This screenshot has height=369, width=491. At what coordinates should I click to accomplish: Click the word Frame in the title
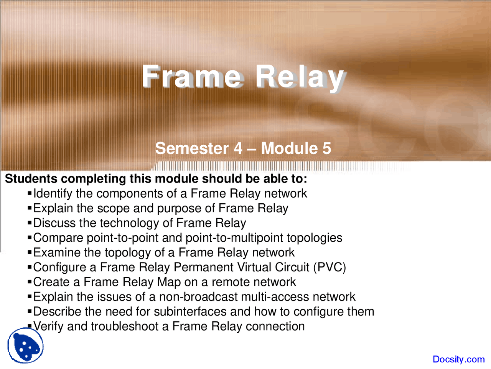click(192, 77)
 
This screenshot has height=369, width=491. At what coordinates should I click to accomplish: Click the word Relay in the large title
click(299, 77)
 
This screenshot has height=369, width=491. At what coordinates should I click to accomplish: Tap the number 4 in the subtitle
click(238, 148)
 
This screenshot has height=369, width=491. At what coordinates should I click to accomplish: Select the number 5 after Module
click(326, 148)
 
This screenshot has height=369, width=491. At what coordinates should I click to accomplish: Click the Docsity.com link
click(458, 359)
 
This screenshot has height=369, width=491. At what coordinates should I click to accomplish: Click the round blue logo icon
click(25, 346)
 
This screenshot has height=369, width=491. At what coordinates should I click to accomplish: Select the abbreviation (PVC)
click(330, 267)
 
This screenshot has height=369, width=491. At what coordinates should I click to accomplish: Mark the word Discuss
click(55, 223)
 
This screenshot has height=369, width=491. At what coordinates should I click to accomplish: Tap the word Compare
click(58, 238)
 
